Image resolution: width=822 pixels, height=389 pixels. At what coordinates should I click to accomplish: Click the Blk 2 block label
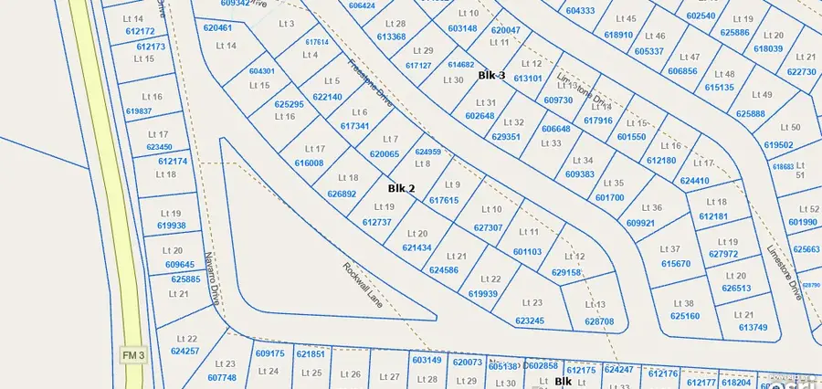(401, 189)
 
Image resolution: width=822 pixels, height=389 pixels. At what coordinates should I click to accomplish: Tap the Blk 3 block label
(491, 76)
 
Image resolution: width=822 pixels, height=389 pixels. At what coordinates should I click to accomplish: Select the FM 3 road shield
(132, 352)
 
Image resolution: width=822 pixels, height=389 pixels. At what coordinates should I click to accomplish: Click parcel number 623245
(530, 321)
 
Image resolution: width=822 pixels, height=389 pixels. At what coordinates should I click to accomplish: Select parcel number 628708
(599, 321)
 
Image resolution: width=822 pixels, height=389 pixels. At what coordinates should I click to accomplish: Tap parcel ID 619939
(483, 294)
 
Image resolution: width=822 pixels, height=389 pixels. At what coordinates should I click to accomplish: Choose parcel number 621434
(416, 248)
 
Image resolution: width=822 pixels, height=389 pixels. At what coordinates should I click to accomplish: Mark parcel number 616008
(309, 163)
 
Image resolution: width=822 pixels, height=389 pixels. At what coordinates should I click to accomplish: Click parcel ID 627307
(489, 227)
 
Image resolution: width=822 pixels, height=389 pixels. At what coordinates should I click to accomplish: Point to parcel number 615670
(676, 264)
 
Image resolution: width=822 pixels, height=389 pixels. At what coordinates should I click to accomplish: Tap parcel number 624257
(184, 352)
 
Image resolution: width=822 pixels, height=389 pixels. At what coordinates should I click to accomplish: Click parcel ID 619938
(171, 226)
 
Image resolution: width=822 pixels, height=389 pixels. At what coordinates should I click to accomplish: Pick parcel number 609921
(641, 223)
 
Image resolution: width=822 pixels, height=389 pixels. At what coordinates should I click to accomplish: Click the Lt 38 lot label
(683, 303)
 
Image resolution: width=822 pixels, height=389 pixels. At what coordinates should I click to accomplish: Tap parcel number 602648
(479, 116)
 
